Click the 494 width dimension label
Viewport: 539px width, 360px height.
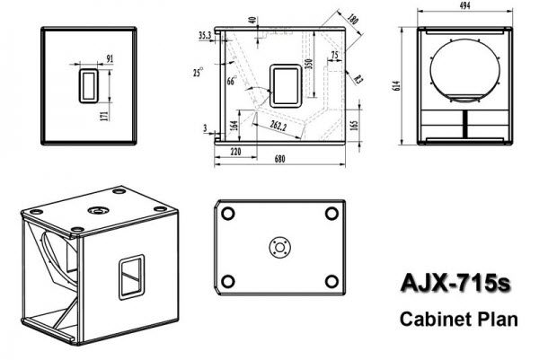click(464, 5)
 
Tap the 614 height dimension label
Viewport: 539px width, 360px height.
click(396, 85)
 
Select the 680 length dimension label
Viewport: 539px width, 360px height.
click(279, 160)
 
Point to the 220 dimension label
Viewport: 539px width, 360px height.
click(235, 152)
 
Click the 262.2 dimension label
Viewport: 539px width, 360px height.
click(278, 126)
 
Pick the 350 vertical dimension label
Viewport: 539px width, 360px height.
click(309, 64)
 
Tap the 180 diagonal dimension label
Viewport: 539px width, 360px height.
click(353, 19)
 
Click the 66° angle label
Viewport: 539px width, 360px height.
click(232, 81)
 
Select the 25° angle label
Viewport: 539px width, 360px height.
click(198, 72)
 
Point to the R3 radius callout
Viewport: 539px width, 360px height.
click(358, 80)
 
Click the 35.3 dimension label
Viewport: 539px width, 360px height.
click(205, 35)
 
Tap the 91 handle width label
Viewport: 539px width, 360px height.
click(110, 58)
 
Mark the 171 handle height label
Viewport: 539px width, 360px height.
click(104, 116)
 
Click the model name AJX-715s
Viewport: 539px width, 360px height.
click(455, 283)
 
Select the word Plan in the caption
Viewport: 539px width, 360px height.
click(498, 319)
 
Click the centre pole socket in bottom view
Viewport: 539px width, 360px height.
click(279, 247)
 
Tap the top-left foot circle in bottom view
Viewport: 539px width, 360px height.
click(228, 214)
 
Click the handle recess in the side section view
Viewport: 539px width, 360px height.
click(286, 86)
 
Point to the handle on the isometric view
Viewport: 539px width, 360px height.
click(132, 277)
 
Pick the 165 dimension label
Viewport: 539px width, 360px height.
click(355, 126)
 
